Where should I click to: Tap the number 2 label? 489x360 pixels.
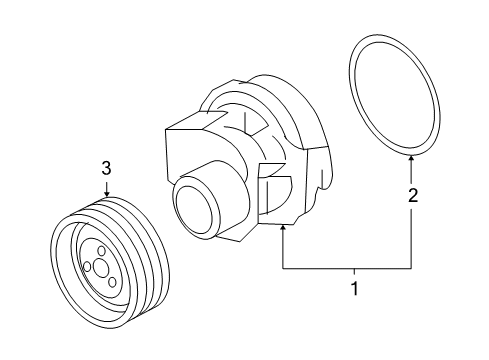click(x=412, y=197)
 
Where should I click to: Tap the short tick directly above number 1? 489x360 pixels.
click(x=351, y=272)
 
